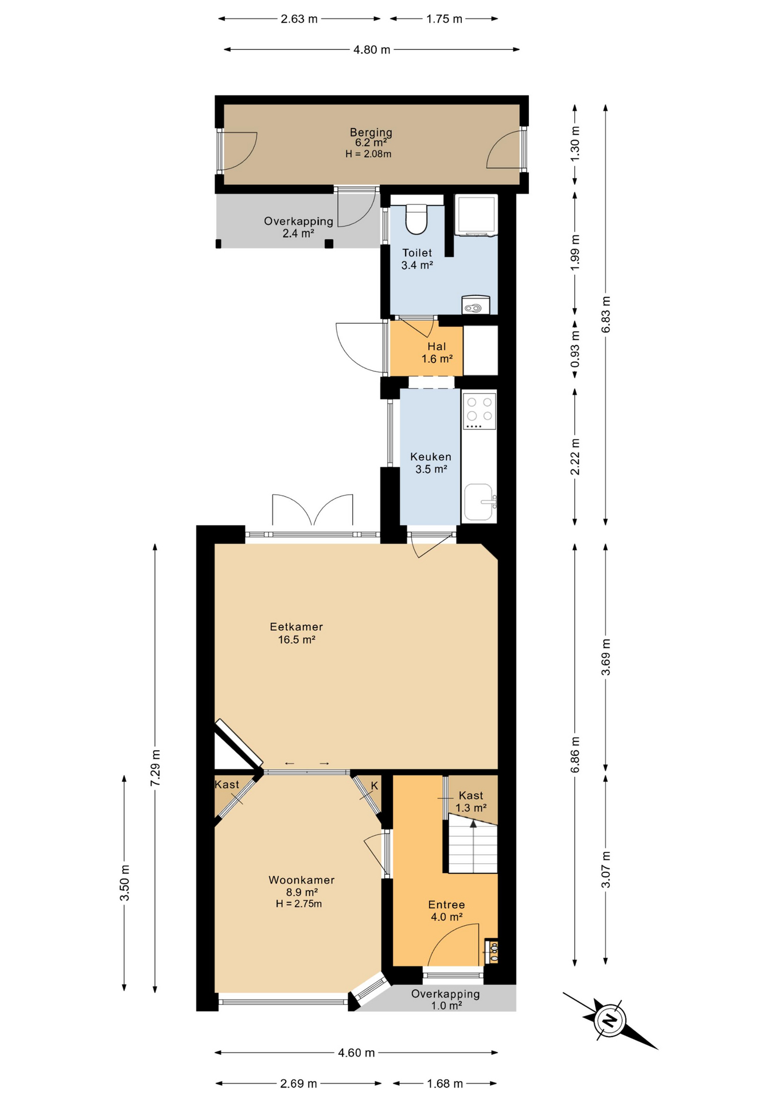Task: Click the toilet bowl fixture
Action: [x=416, y=219]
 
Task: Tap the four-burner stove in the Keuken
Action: [x=480, y=410]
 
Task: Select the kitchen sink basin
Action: [x=480, y=502]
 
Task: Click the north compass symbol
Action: [x=609, y=1020]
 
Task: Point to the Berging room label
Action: [x=371, y=133]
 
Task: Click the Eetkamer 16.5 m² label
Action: [x=297, y=633]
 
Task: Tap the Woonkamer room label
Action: [x=301, y=880]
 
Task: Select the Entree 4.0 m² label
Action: [x=446, y=911]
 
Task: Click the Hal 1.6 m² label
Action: [x=437, y=352]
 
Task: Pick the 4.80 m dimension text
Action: [x=372, y=50]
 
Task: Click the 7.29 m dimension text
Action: [x=155, y=768]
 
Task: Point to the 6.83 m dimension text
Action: [x=606, y=315]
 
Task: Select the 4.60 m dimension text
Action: [x=356, y=1053]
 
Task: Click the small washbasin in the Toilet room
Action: [x=476, y=305]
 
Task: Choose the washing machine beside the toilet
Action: [x=476, y=215]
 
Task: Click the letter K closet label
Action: [x=374, y=785]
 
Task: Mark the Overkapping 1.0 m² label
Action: [x=446, y=999]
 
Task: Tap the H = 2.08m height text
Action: [x=368, y=154]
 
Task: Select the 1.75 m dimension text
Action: [x=444, y=19]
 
